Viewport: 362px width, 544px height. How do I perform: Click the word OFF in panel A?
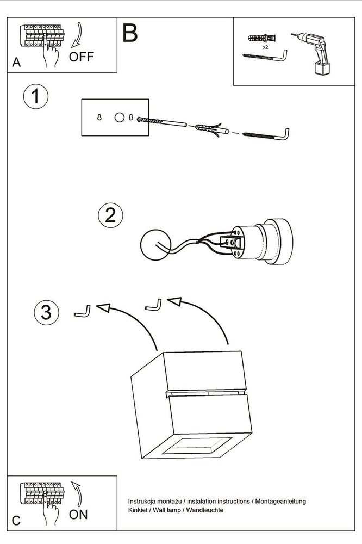[82, 57]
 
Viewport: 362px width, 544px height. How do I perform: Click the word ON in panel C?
[79, 514]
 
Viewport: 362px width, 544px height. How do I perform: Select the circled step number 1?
[35, 98]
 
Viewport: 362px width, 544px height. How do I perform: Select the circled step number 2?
[110, 215]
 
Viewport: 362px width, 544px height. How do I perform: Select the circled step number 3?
[46, 312]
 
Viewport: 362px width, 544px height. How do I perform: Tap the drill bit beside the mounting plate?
[163, 122]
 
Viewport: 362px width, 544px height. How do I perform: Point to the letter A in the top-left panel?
[16, 63]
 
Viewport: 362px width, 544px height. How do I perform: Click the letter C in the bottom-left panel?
[16, 521]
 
